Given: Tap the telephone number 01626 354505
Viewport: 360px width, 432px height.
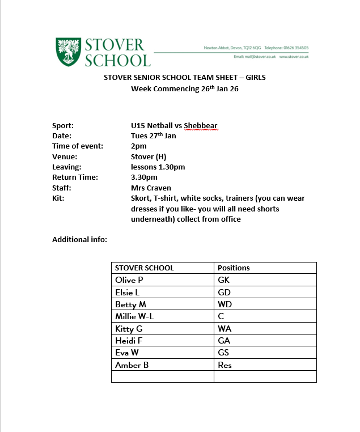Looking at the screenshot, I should coord(296,48).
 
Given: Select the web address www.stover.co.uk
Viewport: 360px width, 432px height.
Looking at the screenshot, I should coord(294,57).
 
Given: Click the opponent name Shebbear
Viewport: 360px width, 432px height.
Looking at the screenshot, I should coord(201,125).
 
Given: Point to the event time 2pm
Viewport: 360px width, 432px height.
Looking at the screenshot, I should coord(138,146).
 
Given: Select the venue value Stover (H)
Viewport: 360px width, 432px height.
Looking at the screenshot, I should coord(148,156).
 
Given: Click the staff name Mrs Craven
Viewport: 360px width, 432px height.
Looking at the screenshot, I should coord(151,188).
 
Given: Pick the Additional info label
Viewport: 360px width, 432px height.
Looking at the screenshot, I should coord(79,239).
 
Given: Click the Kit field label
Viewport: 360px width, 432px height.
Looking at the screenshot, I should coord(58,198).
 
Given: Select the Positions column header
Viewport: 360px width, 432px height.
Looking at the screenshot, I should coord(234,268).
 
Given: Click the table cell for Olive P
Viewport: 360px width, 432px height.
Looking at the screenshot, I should coord(129,280).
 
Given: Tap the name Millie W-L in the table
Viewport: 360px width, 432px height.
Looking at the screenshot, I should coord(134,316).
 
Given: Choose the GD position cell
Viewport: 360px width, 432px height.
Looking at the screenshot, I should coord(225,293).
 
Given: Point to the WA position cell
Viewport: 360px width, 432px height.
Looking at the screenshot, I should coord(225,329).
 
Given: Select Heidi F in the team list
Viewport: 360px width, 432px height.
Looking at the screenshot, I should coord(130,341).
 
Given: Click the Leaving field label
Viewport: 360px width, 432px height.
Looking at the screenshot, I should coord(67,167).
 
